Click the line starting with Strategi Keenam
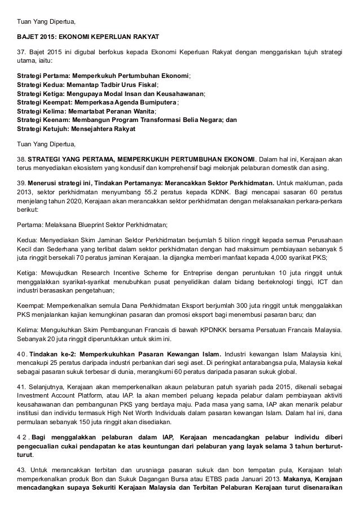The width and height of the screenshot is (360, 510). tap(127, 121)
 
